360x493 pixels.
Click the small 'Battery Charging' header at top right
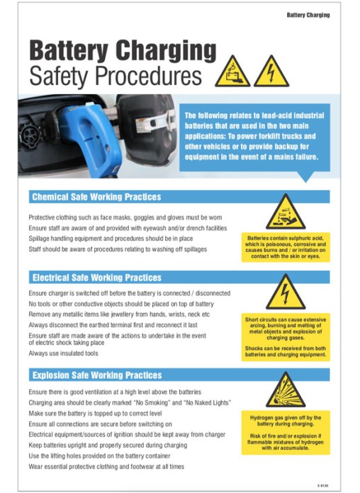pyautogui.click(x=308, y=15)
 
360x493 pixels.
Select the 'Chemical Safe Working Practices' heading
pyautogui.click(x=96, y=197)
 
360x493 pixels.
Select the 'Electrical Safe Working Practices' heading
pyautogui.click(x=96, y=278)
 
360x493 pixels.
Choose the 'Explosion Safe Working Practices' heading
pyautogui.click(x=96, y=375)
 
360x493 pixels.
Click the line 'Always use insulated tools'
pyautogui.click(x=63, y=353)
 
